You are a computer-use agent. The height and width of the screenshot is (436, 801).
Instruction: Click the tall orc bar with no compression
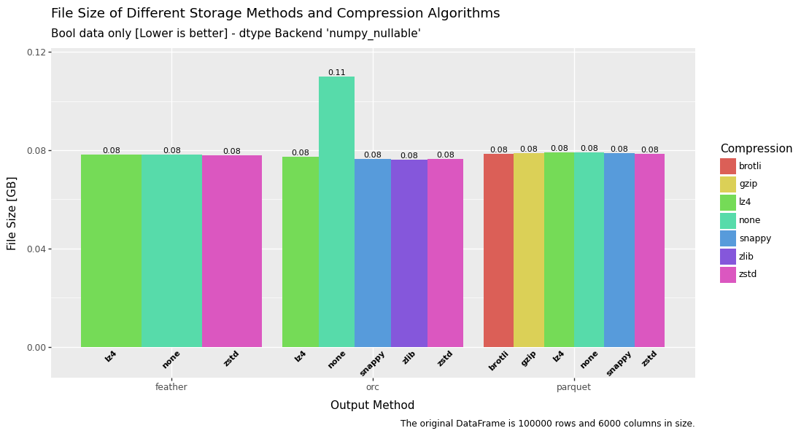tap(336, 211)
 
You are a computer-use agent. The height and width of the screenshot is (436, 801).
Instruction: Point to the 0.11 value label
tap(336, 73)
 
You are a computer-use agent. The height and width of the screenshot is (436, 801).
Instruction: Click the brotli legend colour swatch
tap(728, 166)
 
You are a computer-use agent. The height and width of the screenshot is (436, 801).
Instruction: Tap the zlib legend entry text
tap(747, 257)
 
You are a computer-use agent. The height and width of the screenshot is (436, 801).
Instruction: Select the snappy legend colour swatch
tap(728, 238)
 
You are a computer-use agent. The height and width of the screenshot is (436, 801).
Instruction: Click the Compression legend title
tap(756, 149)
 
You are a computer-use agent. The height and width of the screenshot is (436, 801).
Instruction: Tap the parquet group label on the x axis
tap(574, 387)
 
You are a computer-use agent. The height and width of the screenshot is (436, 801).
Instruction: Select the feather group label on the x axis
tap(171, 387)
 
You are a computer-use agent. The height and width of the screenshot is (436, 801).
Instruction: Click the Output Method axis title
tap(372, 405)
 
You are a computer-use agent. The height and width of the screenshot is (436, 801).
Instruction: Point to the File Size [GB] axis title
tap(12, 213)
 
